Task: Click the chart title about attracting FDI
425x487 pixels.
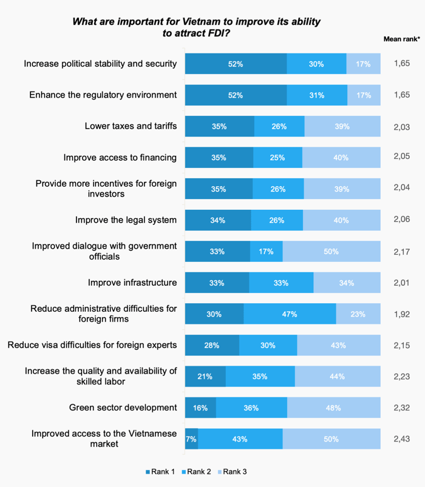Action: point(196,27)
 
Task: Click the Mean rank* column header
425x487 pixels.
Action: point(401,39)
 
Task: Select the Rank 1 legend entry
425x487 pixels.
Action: point(161,471)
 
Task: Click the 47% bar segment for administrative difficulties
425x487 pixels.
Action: point(290,314)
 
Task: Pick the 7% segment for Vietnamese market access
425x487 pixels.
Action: point(191,439)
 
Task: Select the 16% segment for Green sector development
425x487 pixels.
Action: point(200,408)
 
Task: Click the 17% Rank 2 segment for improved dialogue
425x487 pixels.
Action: point(266,251)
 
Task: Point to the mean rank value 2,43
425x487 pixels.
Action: point(401,439)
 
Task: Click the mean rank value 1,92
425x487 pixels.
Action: point(401,314)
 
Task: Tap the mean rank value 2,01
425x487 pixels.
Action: point(401,283)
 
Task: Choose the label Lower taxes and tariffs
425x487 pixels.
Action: point(131,126)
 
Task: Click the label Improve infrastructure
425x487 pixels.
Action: point(132,283)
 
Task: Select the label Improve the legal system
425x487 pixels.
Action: point(126,220)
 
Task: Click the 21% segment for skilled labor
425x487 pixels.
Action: point(205,377)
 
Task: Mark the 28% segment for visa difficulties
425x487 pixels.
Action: point(212,345)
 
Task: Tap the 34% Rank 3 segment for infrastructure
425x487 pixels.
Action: point(347,283)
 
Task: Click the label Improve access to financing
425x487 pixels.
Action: point(120,157)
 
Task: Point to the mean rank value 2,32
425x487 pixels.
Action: point(401,408)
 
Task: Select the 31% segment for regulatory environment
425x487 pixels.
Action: point(317,95)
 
